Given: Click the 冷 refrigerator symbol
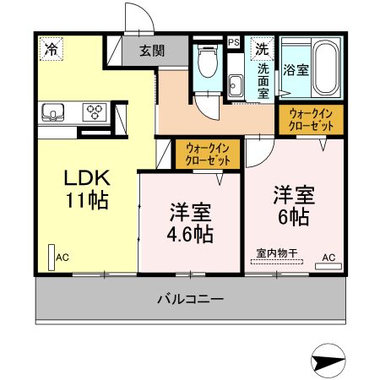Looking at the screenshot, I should (52, 49).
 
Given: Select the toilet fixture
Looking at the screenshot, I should (206, 61).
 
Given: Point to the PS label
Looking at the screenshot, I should (233, 41).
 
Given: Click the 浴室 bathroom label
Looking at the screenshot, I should (296, 69).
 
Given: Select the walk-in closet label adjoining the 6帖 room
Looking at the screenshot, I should (312, 118).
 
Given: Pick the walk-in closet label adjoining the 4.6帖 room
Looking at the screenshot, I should (208, 154).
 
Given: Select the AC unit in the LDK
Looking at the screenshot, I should (52, 258).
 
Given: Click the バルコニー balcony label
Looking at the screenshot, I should (190, 298).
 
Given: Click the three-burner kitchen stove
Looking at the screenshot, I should (95, 111).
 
